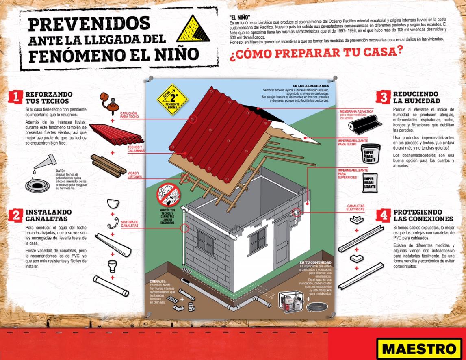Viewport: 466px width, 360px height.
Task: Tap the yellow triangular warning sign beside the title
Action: (x=193, y=29)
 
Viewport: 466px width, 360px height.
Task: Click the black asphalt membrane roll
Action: (x=364, y=124)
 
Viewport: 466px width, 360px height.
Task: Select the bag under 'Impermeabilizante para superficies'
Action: (x=370, y=183)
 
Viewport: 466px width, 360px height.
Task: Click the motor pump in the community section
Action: (x=291, y=303)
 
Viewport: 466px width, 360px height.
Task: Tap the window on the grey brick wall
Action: (x=206, y=243)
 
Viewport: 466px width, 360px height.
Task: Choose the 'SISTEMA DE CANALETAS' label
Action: (x=130, y=223)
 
